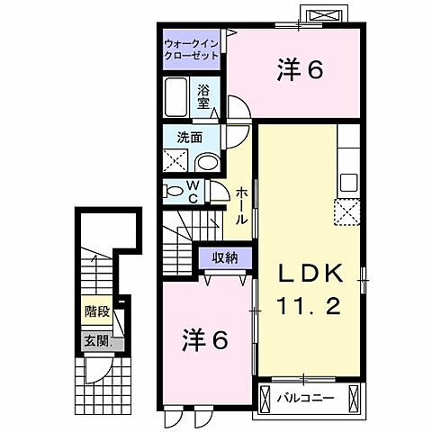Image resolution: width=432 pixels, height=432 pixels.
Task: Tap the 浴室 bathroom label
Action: click(x=204, y=95)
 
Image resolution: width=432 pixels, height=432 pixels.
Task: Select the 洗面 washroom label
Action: click(x=189, y=138)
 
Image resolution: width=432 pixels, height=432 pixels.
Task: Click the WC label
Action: click(x=193, y=191)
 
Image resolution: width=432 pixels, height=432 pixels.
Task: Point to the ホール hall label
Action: click(x=242, y=206)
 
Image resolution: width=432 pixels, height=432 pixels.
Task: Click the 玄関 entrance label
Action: click(x=96, y=341)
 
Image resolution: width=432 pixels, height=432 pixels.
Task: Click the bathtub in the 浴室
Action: click(x=177, y=96)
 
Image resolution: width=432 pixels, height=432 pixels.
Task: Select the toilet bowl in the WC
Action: click(x=173, y=191)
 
